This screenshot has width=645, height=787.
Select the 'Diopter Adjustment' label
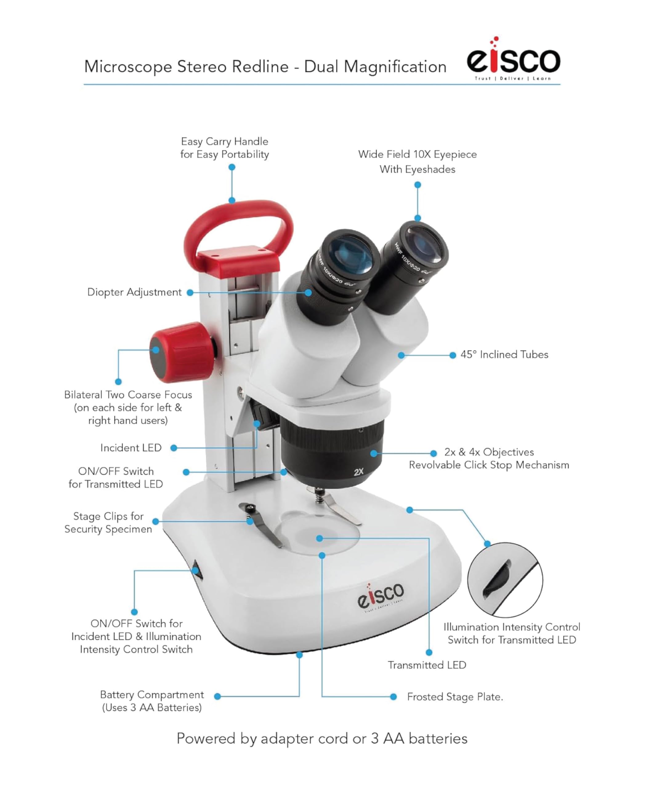(x=135, y=292)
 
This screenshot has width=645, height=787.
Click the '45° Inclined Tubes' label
(x=504, y=355)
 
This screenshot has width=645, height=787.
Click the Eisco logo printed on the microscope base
(x=381, y=596)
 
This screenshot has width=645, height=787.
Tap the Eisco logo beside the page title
(x=514, y=60)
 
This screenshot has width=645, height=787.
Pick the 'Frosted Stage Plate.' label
(x=455, y=697)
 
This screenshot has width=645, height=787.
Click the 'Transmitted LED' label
(x=427, y=665)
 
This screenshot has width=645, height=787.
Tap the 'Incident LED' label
(x=131, y=448)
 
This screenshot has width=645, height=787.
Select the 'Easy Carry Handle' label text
(x=224, y=141)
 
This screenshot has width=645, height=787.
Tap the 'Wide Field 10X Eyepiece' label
(x=417, y=154)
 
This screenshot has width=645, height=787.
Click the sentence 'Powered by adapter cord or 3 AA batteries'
(x=322, y=739)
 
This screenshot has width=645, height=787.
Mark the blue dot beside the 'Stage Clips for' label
(x=156, y=522)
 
